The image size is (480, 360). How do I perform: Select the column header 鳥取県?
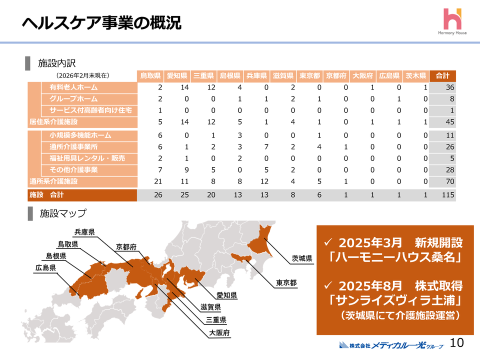point(150,76)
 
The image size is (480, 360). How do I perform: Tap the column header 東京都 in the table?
point(309,76)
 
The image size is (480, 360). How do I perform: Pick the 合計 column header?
point(442,76)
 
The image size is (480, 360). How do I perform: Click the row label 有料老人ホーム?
point(73,87)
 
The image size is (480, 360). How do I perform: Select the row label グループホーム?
point(73,99)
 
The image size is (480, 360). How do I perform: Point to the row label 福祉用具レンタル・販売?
point(80,158)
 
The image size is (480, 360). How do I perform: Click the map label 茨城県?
point(302,258)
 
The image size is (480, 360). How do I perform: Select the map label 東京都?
point(286,283)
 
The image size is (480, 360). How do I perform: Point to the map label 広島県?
point(45,267)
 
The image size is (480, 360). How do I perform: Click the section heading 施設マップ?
point(63,213)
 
